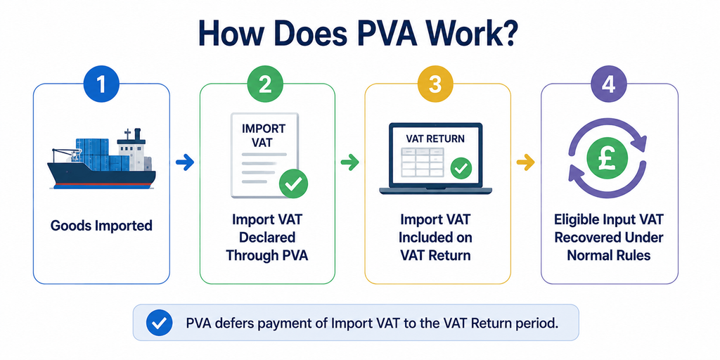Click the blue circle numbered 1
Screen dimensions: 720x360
[101, 84]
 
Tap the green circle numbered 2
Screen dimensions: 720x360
[265, 84]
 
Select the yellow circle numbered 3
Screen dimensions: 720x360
[435, 84]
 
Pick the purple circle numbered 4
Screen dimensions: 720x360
[608, 84]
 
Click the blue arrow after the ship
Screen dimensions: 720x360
[185, 162]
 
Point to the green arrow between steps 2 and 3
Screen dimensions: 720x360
[349, 162]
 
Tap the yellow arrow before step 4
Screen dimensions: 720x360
[525, 162]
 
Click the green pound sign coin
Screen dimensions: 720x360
[607, 159]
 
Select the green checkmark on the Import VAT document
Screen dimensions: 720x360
[293, 184]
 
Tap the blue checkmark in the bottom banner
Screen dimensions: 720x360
[159, 323]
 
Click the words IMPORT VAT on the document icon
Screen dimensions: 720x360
[263, 134]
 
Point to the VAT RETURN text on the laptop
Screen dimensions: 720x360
[435, 138]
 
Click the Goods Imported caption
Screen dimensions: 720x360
[101, 226]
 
